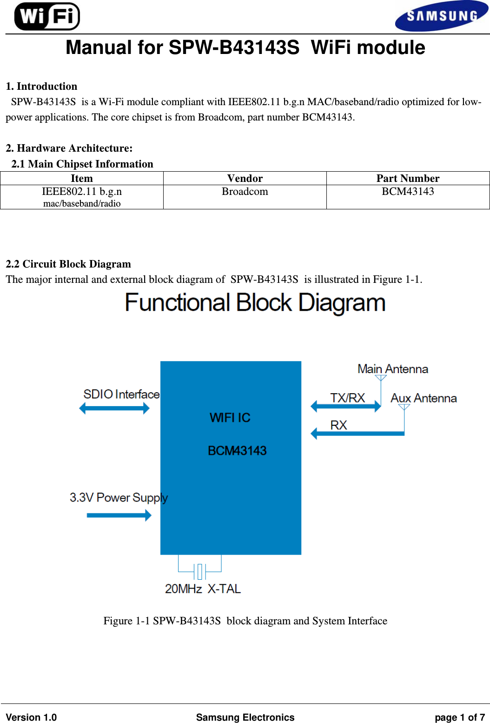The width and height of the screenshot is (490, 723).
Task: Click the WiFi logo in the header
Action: tap(47, 16)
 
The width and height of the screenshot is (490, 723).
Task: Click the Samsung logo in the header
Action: tap(441, 16)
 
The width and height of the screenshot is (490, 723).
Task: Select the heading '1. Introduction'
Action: tap(41, 87)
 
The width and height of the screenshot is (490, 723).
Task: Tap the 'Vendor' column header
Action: tap(245, 179)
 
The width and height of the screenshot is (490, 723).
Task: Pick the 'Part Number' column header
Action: tap(408, 179)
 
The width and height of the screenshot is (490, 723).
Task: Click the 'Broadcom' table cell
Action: tap(245, 192)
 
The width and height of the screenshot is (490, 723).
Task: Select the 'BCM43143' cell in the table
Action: tap(408, 192)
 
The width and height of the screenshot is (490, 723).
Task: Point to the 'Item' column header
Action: tap(82, 179)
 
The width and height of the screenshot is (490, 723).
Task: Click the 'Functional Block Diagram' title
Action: tap(255, 303)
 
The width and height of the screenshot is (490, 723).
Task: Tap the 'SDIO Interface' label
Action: tap(121, 395)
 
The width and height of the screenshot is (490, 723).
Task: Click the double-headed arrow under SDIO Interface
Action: tap(114, 408)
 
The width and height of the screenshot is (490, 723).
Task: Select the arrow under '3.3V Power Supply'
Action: tap(119, 515)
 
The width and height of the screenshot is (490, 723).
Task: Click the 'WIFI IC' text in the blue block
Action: tap(230, 418)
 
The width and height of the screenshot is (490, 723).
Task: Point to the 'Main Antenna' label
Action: tap(393, 369)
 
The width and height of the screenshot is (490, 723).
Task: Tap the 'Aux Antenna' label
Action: tap(424, 398)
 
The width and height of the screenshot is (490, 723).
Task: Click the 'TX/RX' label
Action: tap(348, 398)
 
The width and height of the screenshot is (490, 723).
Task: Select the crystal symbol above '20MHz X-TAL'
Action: tap(200, 571)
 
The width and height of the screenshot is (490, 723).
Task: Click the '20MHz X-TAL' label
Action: tap(203, 589)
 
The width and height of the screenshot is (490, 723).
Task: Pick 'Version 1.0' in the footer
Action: tap(31, 717)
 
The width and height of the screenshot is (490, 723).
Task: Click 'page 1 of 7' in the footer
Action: tap(460, 717)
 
